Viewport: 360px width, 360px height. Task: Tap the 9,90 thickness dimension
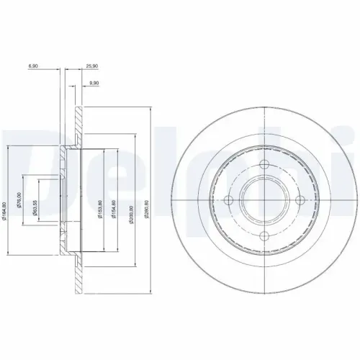(x=93, y=84)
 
